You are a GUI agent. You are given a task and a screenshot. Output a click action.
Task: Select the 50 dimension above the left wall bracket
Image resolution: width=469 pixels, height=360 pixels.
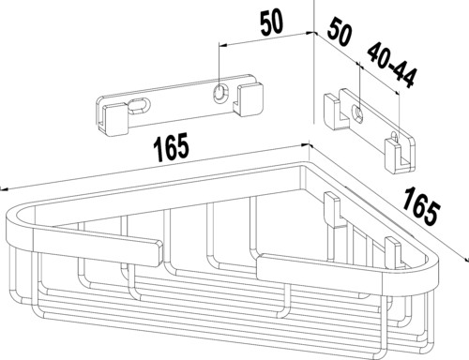(x=272, y=22)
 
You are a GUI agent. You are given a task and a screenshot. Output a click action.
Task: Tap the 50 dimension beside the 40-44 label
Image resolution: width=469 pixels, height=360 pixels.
(x=340, y=31)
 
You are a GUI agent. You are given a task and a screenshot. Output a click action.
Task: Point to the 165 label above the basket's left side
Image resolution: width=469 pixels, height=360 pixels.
(x=171, y=148)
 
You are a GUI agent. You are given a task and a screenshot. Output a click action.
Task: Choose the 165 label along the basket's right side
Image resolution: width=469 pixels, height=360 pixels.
(x=421, y=205)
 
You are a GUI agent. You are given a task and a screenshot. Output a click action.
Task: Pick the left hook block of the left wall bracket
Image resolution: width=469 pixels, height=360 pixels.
(x=113, y=121)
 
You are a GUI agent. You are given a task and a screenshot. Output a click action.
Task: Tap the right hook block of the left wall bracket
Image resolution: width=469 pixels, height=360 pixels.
(x=248, y=99)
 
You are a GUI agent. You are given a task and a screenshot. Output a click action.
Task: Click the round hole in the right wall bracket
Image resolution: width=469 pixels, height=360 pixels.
(x=358, y=113)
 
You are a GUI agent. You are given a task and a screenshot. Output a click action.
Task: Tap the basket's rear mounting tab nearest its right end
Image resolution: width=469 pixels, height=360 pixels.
(x=393, y=253)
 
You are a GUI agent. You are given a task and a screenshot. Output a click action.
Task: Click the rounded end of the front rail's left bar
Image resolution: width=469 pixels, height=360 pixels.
(x=159, y=254)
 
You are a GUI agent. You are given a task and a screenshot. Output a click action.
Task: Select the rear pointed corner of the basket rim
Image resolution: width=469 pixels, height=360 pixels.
(x=304, y=164)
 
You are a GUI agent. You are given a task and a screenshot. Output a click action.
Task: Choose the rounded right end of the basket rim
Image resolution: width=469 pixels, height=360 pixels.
(x=430, y=268)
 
